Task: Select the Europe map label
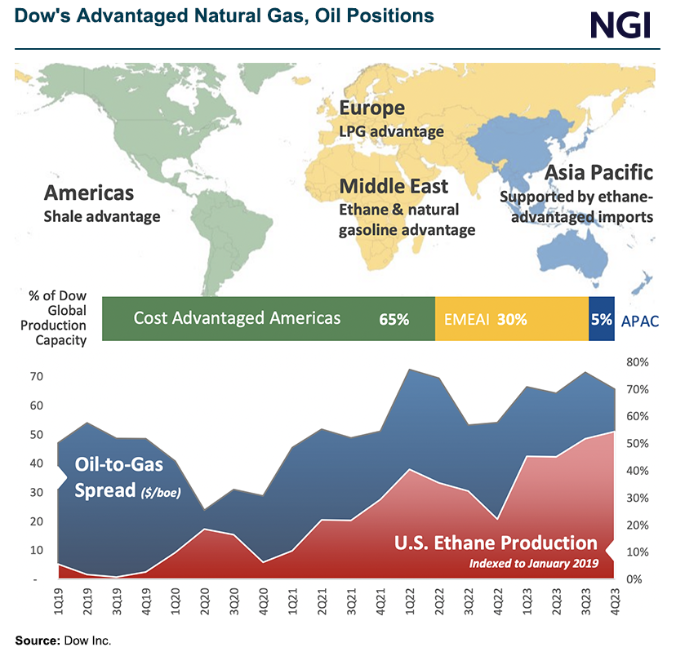tap(371, 109)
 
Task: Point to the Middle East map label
tap(394, 187)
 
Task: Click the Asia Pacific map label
tap(598, 173)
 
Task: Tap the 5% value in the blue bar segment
tap(602, 319)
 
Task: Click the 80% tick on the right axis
tap(638, 362)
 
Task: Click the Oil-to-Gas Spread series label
tap(119, 477)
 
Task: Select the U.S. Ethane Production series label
tap(496, 543)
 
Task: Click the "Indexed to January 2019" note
tap(533, 563)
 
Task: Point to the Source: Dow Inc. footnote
tap(63, 640)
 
